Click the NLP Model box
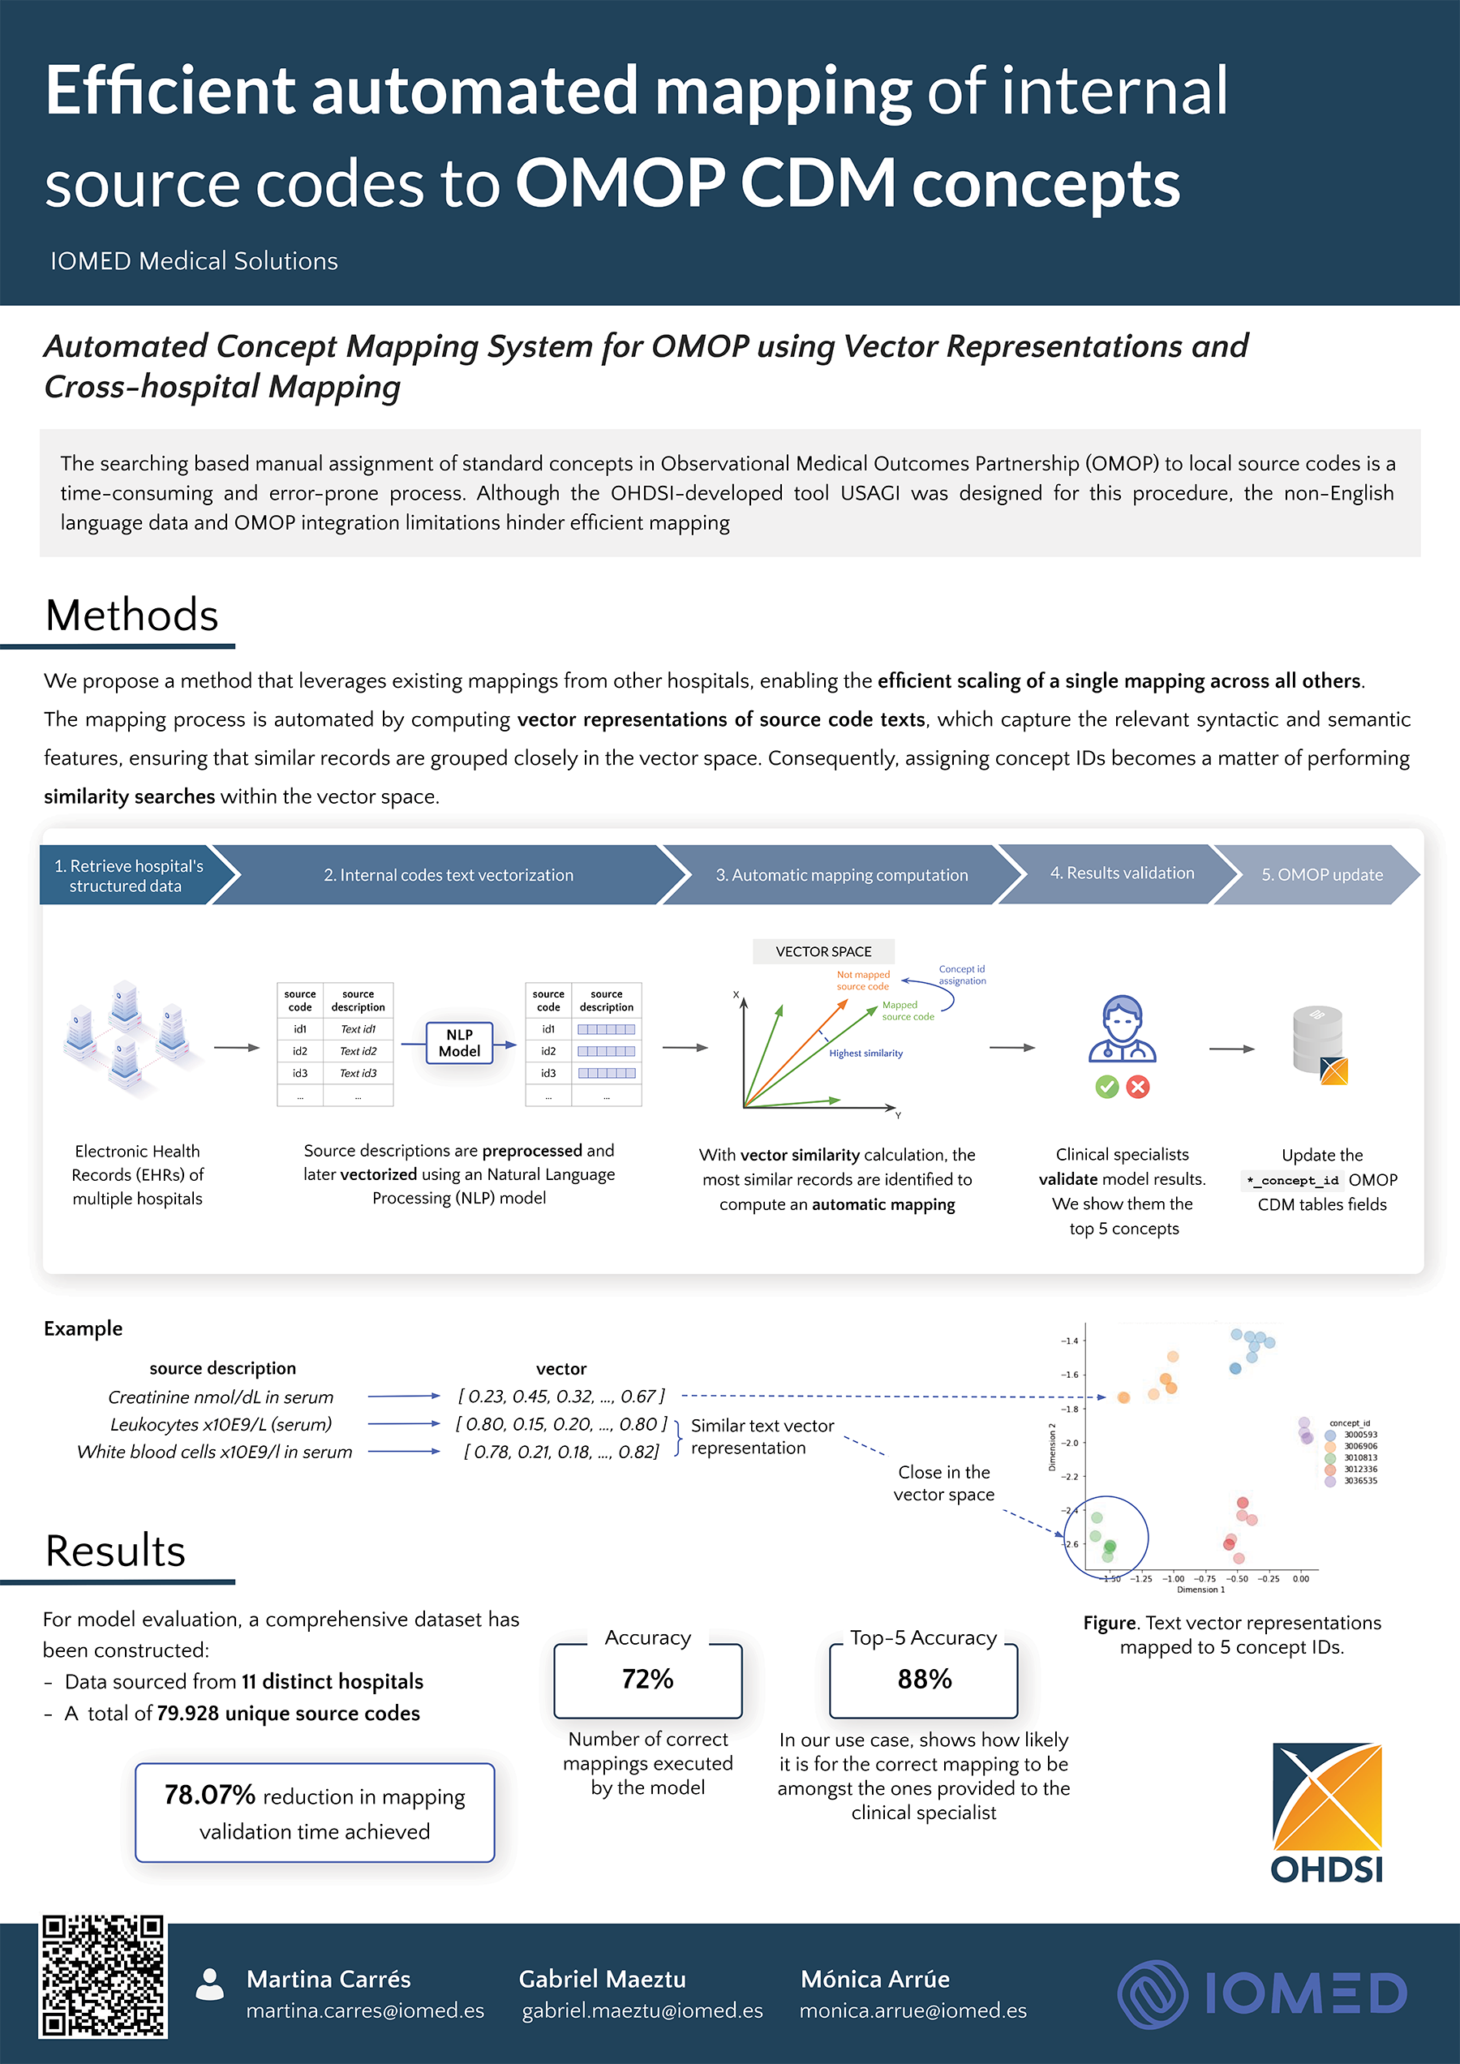[x=459, y=1043]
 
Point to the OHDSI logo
[x=1327, y=1813]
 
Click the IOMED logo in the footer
[x=1262, y=1994]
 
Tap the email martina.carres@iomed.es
[x=365, y=2011]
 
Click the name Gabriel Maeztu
[x=603, y=1979]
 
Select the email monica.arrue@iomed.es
[x=912, y=2011]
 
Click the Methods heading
[x=132, y=616]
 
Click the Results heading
[x=116, y=1551]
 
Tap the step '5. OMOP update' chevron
[x=1320, y=875]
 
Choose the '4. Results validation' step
[x=1121, y=873]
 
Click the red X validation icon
[x=1138, y=1088]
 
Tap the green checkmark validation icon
[x=1106, y=1088]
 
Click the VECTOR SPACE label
[x=823, y=951]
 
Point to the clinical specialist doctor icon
[x=1122, y=1030]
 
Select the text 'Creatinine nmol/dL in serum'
[x=221, y=1397]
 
